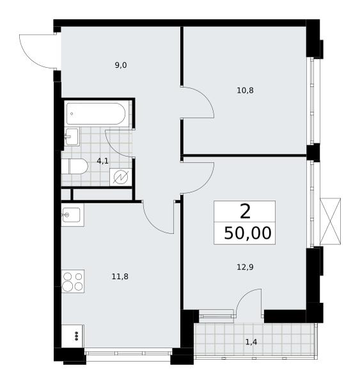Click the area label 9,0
(121, 65)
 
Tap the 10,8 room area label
(245, 91)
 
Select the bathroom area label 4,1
(103, 161)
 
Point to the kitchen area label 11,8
(120, 276)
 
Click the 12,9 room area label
(245, 267)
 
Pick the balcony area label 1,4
(251, 342)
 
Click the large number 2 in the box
(245, 212)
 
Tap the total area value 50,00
(247, 233)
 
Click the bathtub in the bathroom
(96, 114)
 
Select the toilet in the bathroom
(74, 166)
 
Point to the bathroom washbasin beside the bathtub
(72, 137)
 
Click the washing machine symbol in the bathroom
(121, 177)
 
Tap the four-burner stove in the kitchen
(73, 281)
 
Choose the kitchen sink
(72, 215)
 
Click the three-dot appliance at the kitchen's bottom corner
(73, 336)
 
